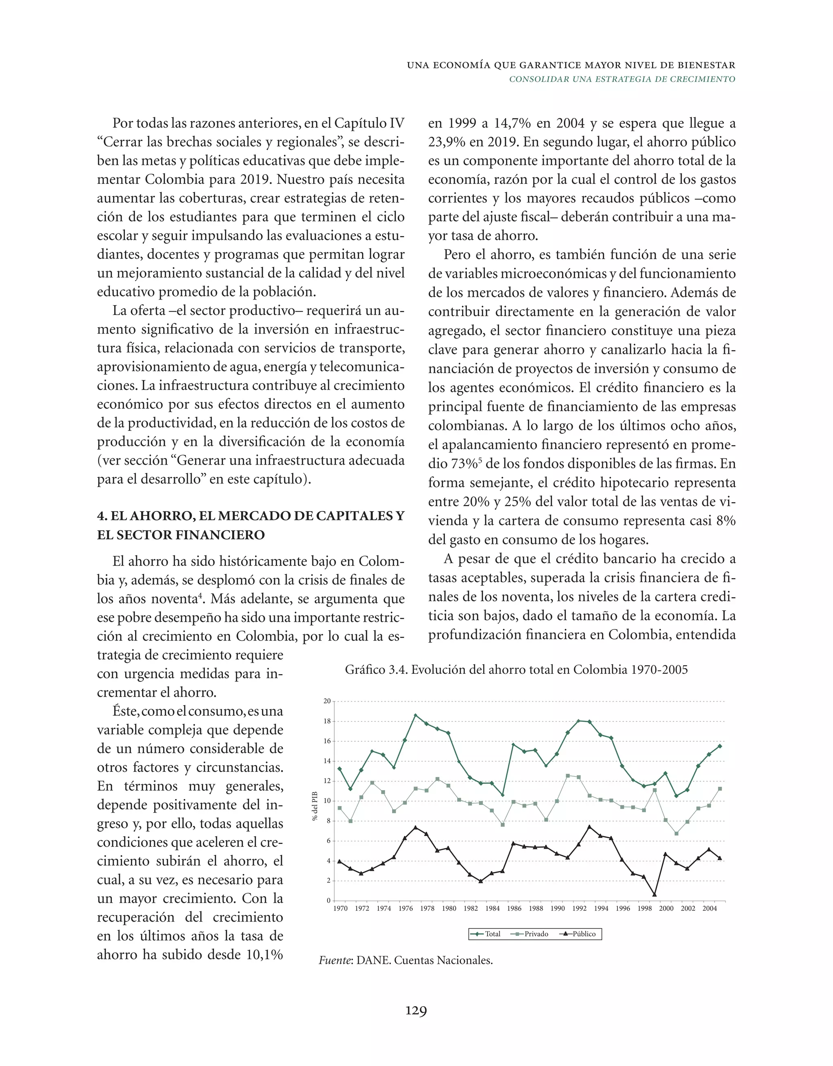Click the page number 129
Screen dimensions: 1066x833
[x=416, y=1010]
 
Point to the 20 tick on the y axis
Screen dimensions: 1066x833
[x=327, y=701]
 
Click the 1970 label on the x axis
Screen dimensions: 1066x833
[x=340, y=909]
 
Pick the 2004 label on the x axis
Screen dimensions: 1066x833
[x=709, y=909]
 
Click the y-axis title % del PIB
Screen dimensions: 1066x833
[x=315, y=806]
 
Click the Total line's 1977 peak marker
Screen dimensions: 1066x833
[x=415, y=716]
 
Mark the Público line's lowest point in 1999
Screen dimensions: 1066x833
[x=654, y=895]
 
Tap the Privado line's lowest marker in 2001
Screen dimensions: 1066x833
[x=676, y=833]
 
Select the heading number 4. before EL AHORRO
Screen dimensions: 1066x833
[x=102, y=516]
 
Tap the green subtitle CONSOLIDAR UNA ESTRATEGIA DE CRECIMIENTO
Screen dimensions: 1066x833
[x=622, y=79]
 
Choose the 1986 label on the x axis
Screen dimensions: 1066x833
[x=514, y=909]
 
